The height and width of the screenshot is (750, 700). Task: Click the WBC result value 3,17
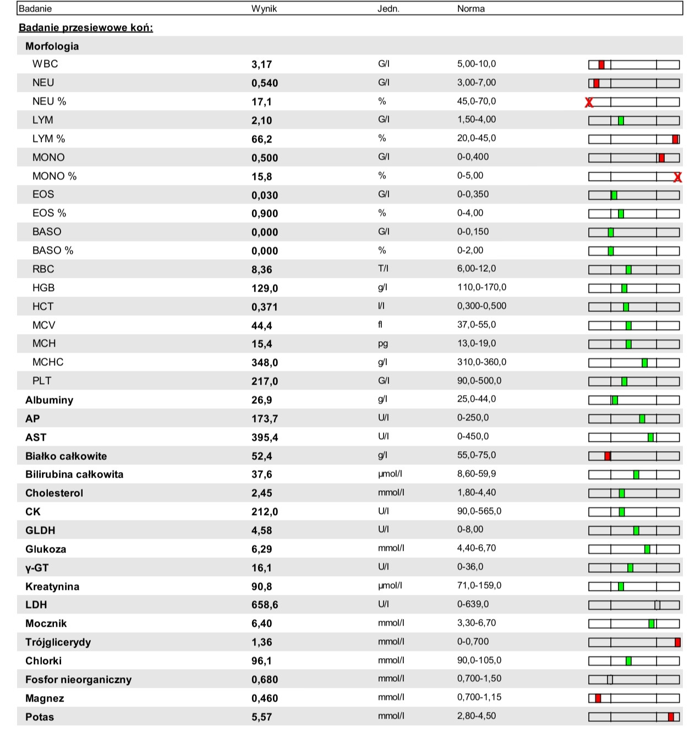262,64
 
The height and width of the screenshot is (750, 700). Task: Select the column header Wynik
264,9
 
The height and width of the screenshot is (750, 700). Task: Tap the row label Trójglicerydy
58,642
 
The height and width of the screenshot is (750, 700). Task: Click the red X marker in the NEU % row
589,102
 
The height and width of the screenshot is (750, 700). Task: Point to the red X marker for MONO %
677,177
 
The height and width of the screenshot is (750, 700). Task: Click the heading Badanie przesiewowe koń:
86,28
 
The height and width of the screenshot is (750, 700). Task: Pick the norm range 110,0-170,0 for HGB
482,287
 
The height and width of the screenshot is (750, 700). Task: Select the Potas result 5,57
262,717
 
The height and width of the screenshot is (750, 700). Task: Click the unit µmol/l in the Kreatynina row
390,585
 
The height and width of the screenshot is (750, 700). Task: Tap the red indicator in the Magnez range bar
598,698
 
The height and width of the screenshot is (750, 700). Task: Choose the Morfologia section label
52,46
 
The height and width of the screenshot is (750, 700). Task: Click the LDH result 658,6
265,605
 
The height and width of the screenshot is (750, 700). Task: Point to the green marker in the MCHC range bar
644,363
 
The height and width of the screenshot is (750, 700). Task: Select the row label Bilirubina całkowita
74,474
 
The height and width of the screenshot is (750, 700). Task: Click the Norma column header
471,9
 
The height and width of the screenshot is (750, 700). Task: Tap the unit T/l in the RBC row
383,269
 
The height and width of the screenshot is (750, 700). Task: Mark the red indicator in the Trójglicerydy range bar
677,642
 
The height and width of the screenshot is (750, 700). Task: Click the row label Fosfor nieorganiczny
78,680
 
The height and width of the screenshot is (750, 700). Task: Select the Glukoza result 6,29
262,549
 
